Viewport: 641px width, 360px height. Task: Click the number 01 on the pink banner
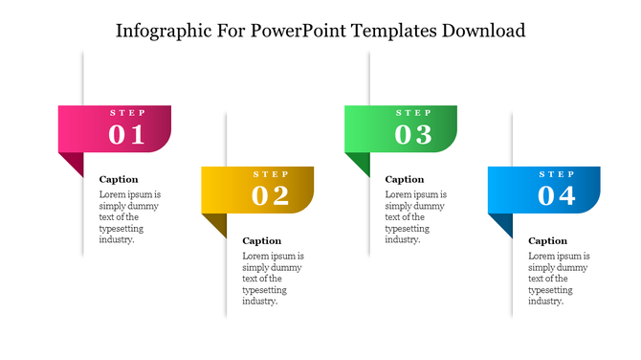[126, 135]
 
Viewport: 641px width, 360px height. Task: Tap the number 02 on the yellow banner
[270, 196]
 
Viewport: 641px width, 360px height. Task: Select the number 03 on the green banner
[413, 135]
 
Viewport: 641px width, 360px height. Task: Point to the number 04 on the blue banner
[557, 196]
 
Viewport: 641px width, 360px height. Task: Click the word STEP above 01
[127, 113]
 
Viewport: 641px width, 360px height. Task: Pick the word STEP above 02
[271, 174]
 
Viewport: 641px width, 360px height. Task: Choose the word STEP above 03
[414, 113]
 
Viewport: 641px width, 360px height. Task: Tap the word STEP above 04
[558, 174]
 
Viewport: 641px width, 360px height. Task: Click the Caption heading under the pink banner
[119, 179]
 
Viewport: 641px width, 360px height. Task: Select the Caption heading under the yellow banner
[262, 240]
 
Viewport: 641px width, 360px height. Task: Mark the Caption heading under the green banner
[405, 179]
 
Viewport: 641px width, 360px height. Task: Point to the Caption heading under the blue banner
[548, 240]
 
